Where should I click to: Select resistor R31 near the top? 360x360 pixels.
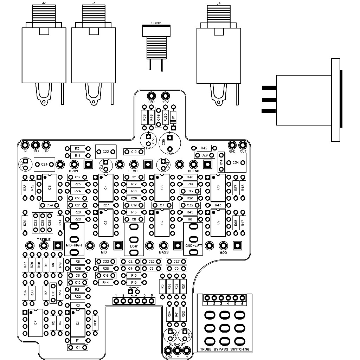[x=78, y=148]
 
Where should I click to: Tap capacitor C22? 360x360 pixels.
[x=106, y=152]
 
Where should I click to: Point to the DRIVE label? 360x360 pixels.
[x=74, y=171]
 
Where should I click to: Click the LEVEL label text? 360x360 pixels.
[x=134, y=171]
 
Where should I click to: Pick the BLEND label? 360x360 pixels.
[x=194, y=171]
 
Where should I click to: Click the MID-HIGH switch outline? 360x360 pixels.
[x=74, y=240]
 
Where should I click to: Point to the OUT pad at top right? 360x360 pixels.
[x=243, y=145]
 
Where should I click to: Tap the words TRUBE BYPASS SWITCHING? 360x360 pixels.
[x=225, y=349]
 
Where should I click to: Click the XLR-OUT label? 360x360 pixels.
[x=177, y=344]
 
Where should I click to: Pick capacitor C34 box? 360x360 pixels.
[x=236, y=162]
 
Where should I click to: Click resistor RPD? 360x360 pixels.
[x=95, y=322]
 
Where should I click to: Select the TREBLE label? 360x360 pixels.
[x=44, y=239]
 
